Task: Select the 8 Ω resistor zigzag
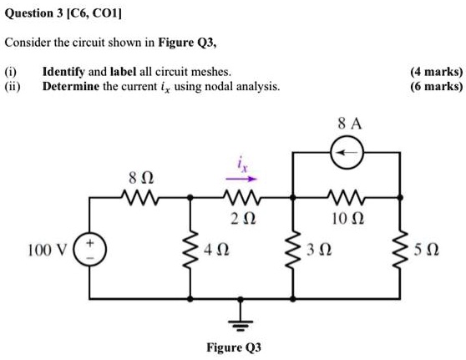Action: point(135,199)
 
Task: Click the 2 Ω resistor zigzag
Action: point(242,199)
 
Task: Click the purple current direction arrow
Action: point(242,178)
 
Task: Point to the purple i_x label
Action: point(243,165)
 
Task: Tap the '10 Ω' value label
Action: point(347,220)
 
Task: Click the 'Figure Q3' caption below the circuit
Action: point(234,347)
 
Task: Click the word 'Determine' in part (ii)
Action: point(71,87)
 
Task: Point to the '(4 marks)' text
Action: point(435,72)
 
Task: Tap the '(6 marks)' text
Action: point(435,87)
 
